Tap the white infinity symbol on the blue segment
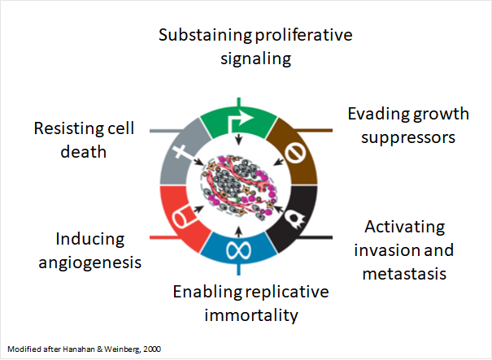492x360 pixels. (239, 250)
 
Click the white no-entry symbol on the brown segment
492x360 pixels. (295, 153)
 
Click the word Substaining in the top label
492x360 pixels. (205, 35)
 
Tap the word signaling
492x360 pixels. (255, 59)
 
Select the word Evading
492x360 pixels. (377, 115)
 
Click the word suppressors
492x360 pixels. (408, 138)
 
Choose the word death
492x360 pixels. (84, 152)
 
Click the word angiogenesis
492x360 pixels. (90, 262)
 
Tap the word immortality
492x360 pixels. (251, 315)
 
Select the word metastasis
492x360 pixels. (404, 273)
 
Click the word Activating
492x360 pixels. (404, 227)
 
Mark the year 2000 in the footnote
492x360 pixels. (152, 349)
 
